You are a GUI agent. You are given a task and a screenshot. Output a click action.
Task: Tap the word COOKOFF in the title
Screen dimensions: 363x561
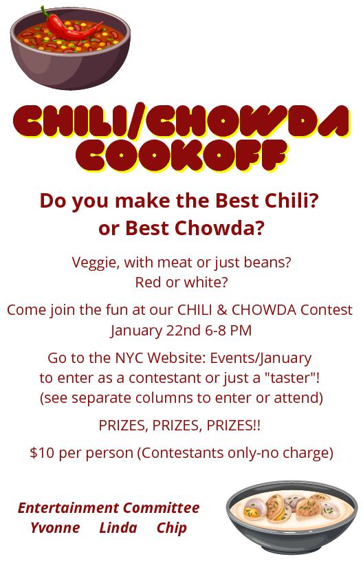coord(181,155)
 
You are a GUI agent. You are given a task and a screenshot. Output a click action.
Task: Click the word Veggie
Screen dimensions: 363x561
coord(96,263)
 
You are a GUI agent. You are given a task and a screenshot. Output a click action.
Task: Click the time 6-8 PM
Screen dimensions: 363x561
coord(228,330)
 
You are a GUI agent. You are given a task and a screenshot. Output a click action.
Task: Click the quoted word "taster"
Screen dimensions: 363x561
coord(290,378)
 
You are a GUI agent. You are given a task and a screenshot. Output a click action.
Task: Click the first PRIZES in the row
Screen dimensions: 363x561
coord(123,426)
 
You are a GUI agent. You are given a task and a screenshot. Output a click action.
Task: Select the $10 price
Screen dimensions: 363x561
coord(42,453)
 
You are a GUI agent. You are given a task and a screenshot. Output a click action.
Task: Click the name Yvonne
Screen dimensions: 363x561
coord(55,528)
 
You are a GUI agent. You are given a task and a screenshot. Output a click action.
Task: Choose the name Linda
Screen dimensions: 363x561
coord(118,528)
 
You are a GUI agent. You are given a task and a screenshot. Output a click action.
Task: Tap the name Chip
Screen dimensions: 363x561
coord(172,529)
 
